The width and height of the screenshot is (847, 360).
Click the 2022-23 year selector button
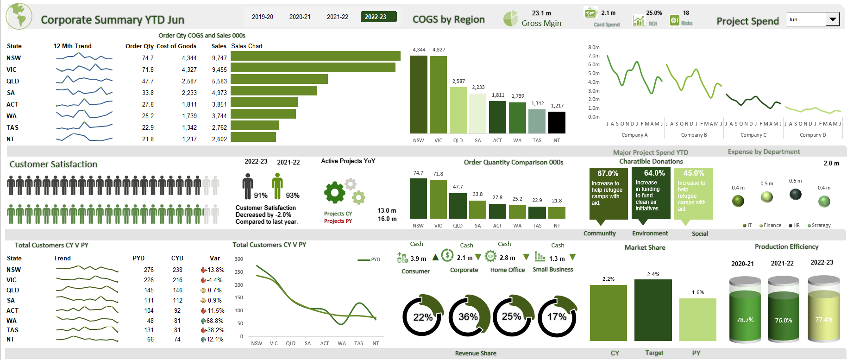pos(378,17)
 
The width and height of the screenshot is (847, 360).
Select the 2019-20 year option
pos(262,17)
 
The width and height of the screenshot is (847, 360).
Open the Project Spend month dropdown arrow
pos(833,19)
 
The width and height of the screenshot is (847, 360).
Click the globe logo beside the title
pos(19,16)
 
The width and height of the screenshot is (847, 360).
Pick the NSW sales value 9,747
pos(219,58)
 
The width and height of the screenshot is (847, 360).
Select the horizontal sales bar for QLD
pos(279,79)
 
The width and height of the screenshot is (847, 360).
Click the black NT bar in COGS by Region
pos(557,122)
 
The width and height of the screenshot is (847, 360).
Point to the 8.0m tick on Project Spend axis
pos(594,47)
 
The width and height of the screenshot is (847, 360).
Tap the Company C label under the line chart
pos(753,135)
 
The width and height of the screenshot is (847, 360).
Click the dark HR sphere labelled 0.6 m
pos(795,195)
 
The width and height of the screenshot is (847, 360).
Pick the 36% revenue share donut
pos(468,316)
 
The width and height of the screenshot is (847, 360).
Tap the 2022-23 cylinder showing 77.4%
pos(823,310)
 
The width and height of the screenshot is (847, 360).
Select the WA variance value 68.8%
pos(214,321)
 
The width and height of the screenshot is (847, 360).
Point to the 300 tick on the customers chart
pos(238,259)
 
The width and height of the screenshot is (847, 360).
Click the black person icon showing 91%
pos(248,186)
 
